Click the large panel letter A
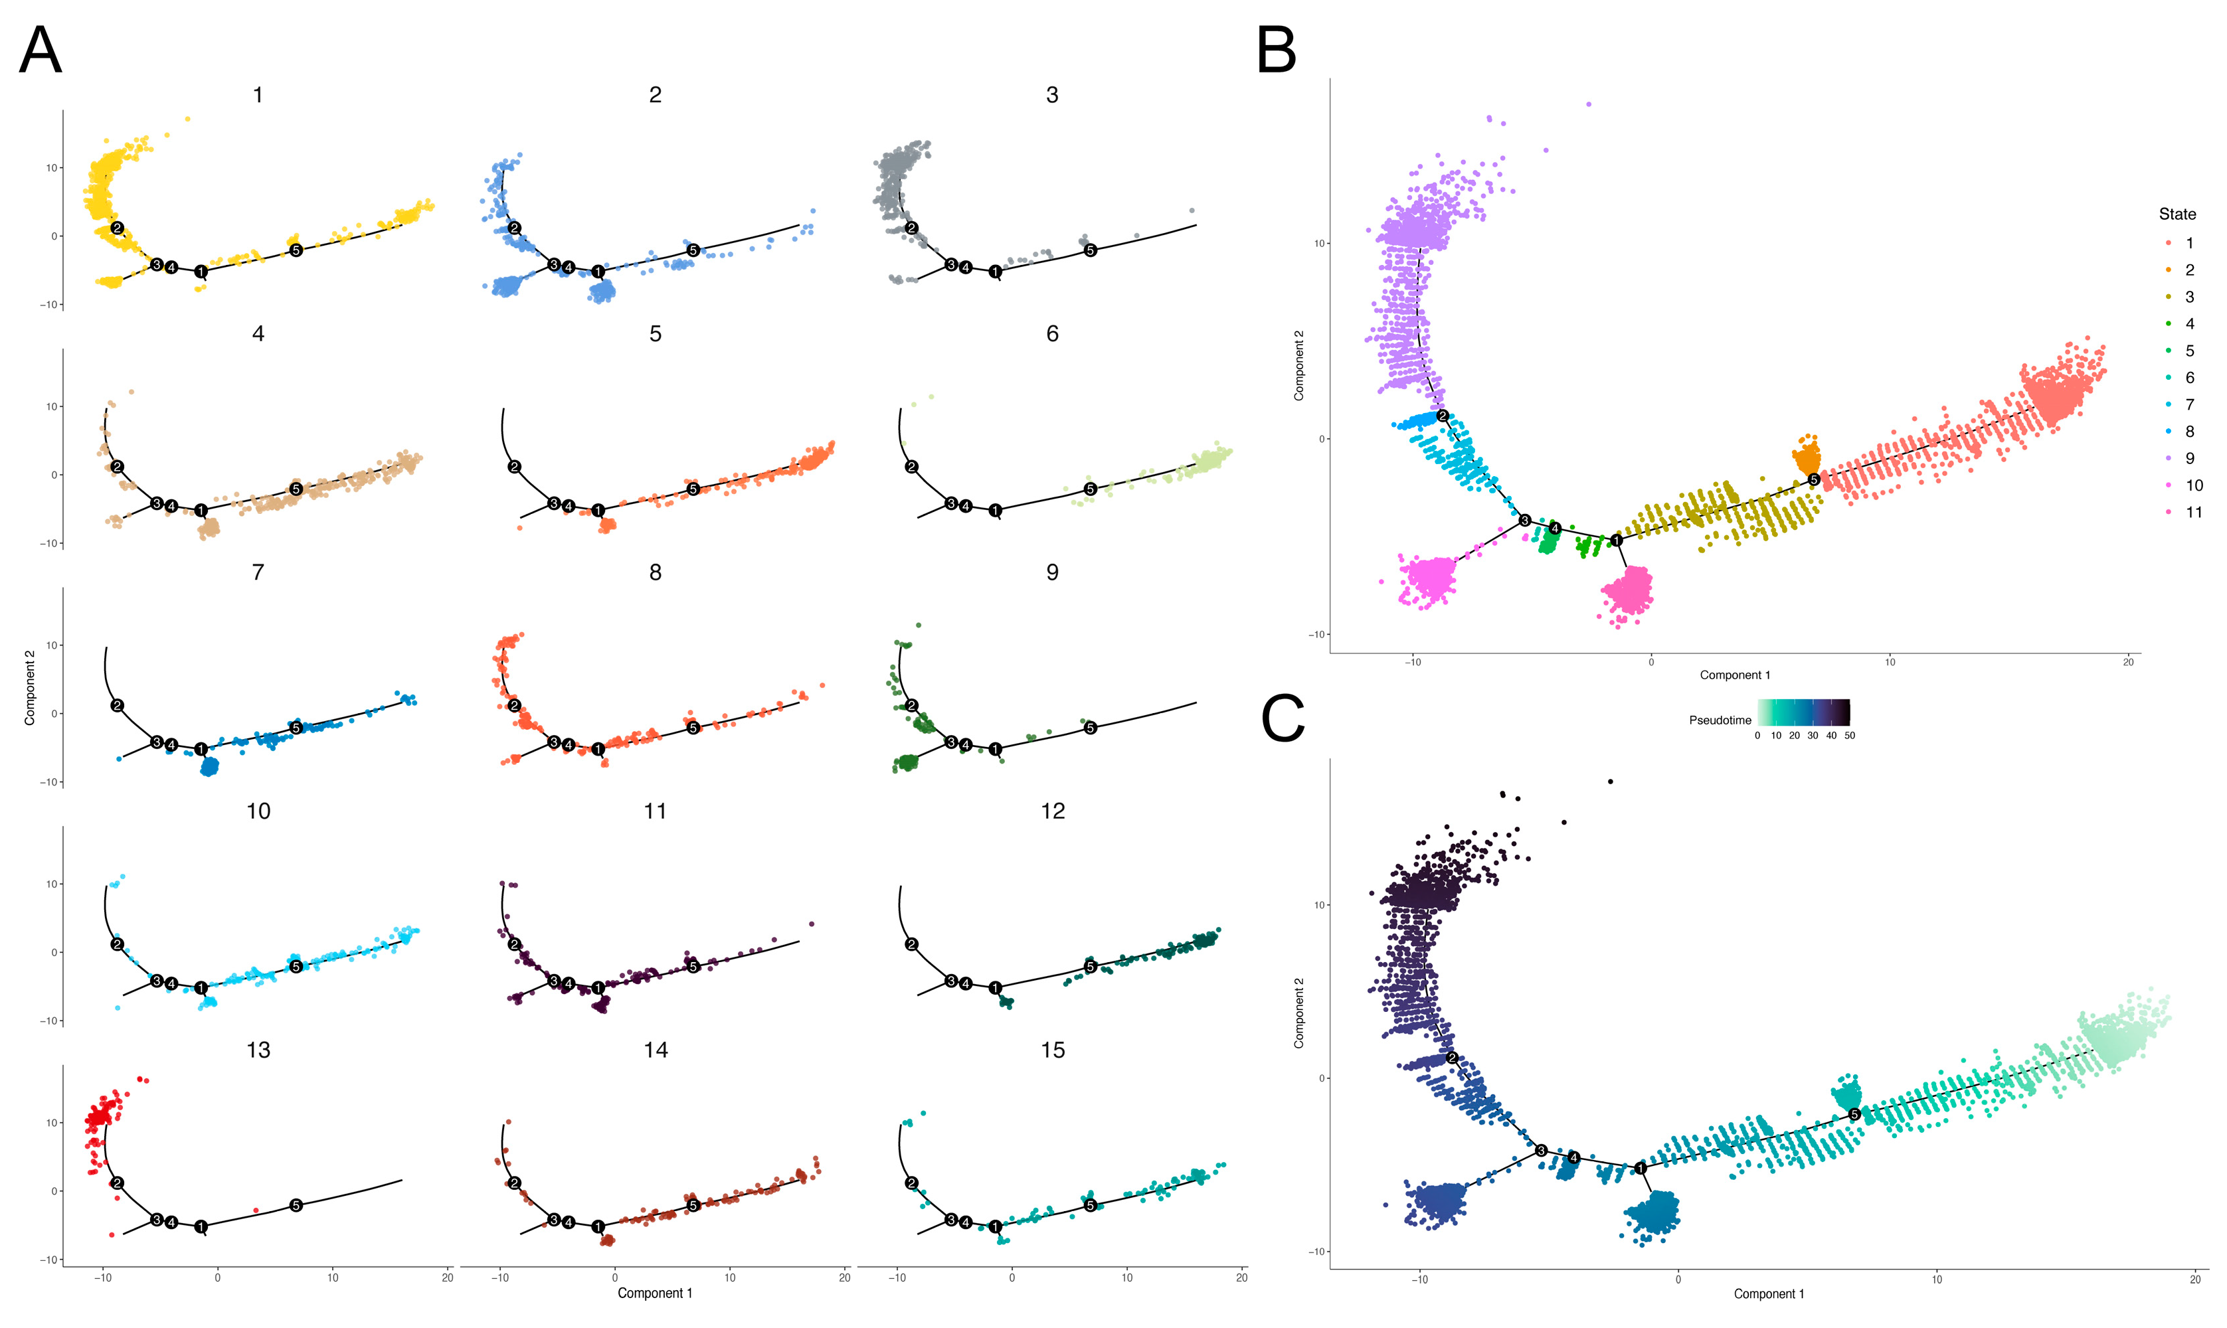(x=41, y=51)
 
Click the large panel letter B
(x=1277, y=51)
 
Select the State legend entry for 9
(x=2189, y=458)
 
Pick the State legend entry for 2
(x=2189, y=270)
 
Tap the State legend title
(x=2177, y=214)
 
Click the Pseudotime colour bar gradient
(x=1804, y=712)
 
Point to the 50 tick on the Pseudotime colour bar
(x=1849, y=736)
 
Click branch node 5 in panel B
(x=1813, y=479)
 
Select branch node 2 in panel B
(x=1442, y=415)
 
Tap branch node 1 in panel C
(x=1640, y=1168)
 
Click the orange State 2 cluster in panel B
(x=1807, y=456)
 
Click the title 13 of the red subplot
(x=258, y=1050)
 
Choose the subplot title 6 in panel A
(x=1052, y=334)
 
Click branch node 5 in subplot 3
(x=1090, y=250)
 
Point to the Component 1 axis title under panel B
(x=1735, y=675)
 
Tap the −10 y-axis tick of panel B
(x=1316, y=635)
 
